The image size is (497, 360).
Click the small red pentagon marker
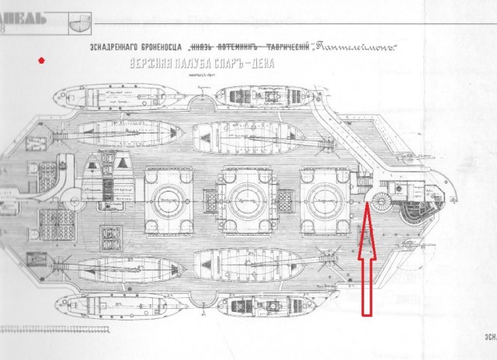(41, 60)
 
